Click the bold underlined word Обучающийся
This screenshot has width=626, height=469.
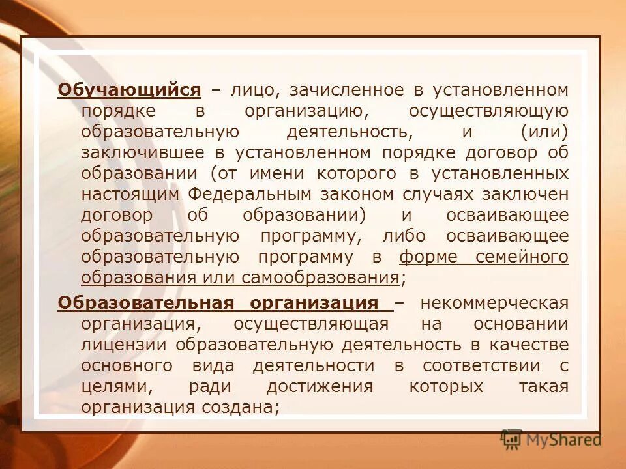[x=129, y=89]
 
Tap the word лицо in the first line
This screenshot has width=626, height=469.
[x=248, y=89]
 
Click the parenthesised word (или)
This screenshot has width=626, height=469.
[x=544, y=132]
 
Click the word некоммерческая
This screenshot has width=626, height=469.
[x=494, y=304]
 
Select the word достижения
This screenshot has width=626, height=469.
[x=320, y=386]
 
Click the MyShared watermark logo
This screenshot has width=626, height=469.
[x=552, y=440]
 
